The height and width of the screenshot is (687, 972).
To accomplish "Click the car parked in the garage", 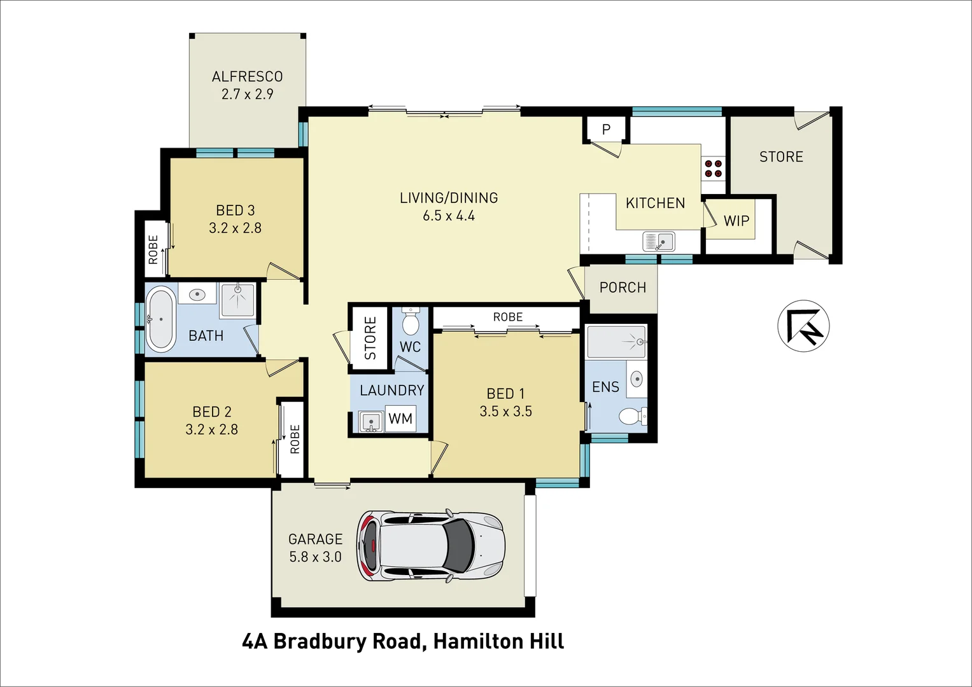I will pos(432,545).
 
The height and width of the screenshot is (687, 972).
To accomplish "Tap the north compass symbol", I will pos(803,326).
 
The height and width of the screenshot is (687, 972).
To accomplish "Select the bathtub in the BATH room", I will pos(160,319).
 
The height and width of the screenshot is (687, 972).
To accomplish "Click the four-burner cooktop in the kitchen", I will pos(712,168).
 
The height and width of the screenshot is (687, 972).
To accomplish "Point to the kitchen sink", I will pos(659,242).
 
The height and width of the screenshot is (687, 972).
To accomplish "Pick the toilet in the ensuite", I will pos(632,416).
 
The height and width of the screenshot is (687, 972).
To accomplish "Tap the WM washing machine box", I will pos(400,419).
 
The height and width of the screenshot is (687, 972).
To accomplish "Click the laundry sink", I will pos(370,420).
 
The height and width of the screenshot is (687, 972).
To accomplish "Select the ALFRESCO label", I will pos(247,76).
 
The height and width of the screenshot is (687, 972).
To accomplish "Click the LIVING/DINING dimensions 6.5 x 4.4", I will pos(448,216).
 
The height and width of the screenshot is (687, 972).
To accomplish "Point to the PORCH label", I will pos(622,288).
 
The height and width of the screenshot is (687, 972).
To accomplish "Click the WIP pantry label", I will pos(736,221).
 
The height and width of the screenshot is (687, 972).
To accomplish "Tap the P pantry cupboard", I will pos(606,129).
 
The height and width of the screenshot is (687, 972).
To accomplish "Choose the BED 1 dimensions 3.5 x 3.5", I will pos(505,412).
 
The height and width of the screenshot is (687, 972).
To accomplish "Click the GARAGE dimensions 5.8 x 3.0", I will pos(315,557).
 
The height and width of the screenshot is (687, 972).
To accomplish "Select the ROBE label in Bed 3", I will pos(153,249).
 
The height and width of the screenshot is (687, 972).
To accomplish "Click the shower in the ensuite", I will pos(616,342).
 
